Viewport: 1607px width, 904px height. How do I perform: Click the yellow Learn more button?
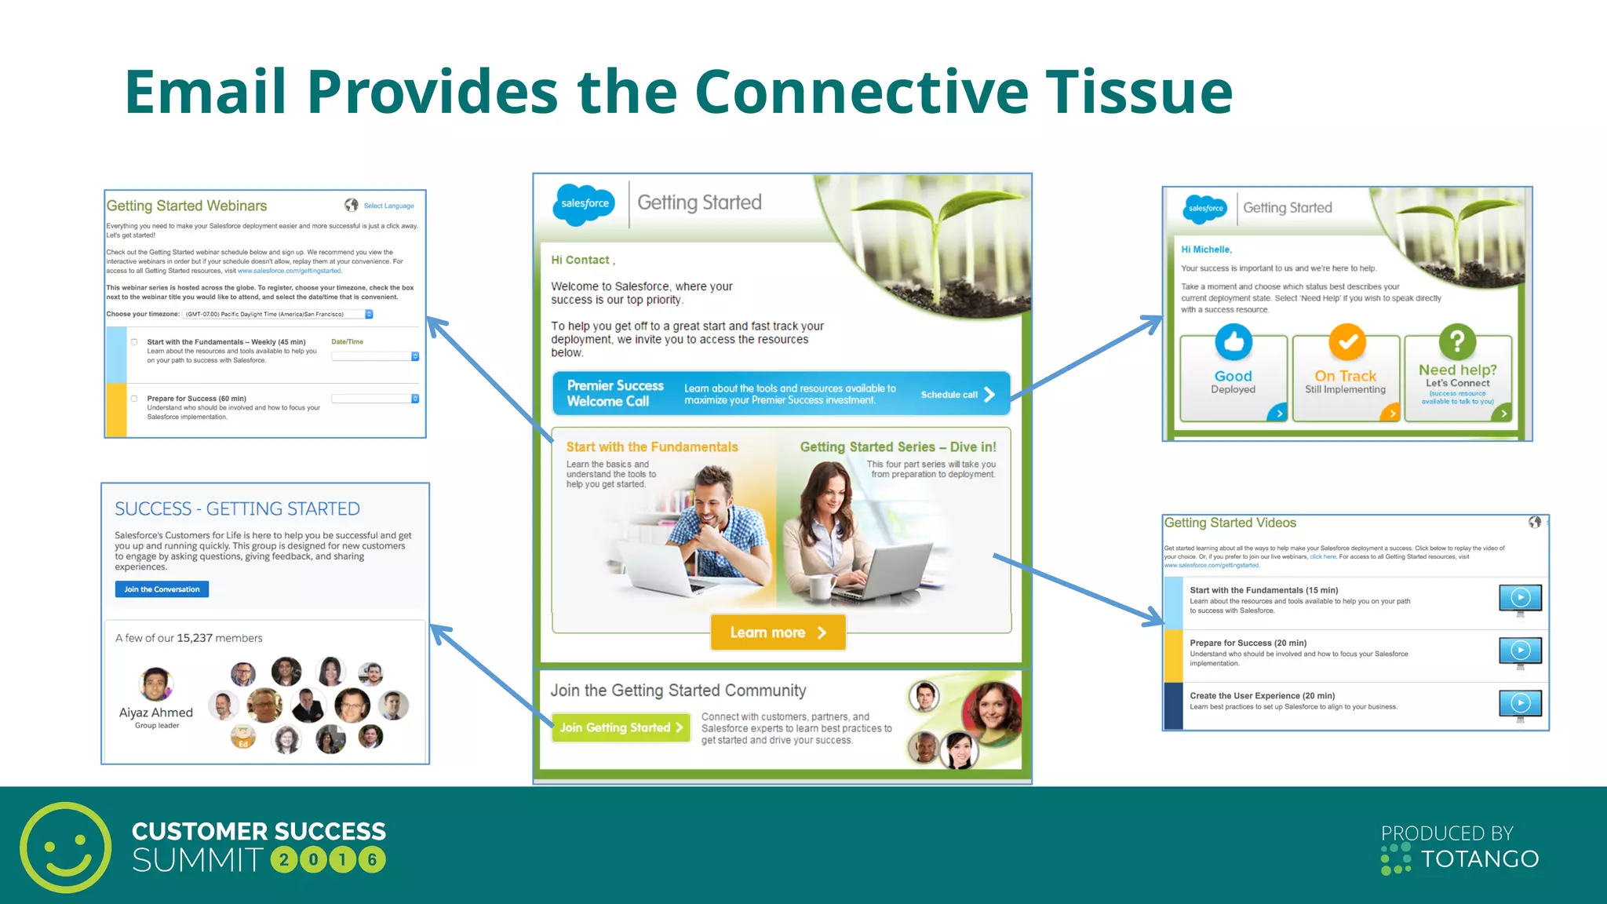point(778,632)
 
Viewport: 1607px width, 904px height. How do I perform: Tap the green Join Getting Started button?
point(621,727)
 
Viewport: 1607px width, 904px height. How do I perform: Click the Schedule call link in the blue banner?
point(957,395)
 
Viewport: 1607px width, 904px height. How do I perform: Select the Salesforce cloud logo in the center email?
point(585,204)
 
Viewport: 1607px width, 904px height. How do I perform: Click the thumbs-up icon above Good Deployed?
point(1233,341)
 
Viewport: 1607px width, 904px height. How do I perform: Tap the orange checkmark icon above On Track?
point(1346,342)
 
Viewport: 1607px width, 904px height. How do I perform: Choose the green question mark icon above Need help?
point(1457,341)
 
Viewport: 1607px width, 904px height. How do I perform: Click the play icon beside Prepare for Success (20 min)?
point(1520,651)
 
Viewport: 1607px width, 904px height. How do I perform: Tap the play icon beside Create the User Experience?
point(1520,703)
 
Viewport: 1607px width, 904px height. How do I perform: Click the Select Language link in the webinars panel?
point(388,206)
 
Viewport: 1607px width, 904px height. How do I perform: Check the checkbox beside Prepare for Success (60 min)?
point(134,399)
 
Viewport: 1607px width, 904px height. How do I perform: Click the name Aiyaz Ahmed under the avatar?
point(155,713)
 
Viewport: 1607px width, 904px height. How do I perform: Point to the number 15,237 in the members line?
point(195,638)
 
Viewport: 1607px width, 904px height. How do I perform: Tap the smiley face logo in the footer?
point(66,847)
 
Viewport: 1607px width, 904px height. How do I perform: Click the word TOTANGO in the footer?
point(1480,859)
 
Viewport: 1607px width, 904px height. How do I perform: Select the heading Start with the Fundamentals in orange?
point(652,447)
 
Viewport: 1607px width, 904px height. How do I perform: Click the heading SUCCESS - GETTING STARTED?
point(237,508)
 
